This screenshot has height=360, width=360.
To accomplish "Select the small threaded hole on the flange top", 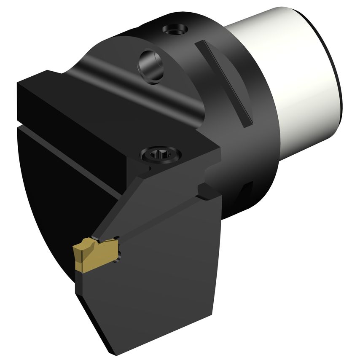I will [x=175, y=30].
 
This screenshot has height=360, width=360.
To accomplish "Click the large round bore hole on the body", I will [x=151, y=65].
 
